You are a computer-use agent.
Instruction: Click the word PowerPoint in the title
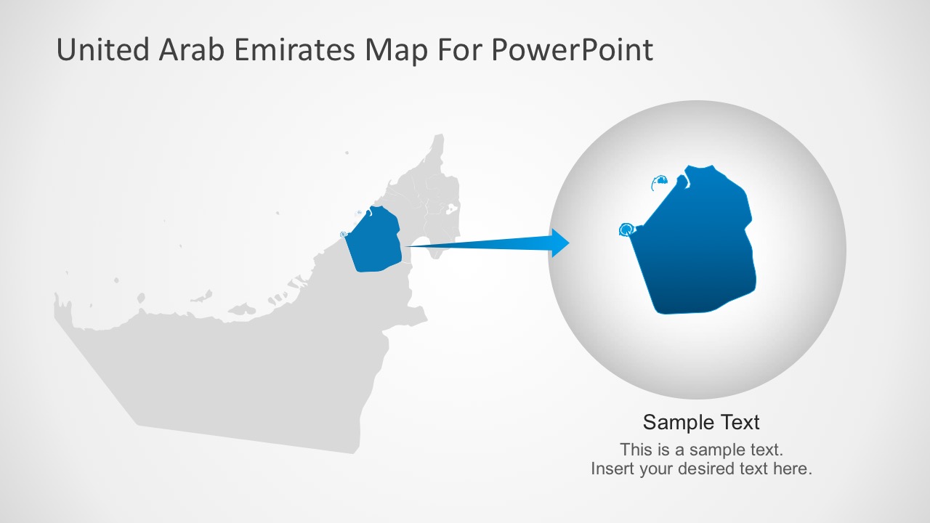[572, 50]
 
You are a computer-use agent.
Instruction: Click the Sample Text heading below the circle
[701, 422]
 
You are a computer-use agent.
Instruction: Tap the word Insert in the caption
[612, 469]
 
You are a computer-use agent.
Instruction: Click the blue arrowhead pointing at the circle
[560, 243]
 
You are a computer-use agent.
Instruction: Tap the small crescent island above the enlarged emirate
[660, 182]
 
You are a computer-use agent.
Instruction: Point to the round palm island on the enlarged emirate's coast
[626, 230]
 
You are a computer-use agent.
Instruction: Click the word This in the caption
[636, 449]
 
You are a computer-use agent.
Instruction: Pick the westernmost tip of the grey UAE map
[55, 305]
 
